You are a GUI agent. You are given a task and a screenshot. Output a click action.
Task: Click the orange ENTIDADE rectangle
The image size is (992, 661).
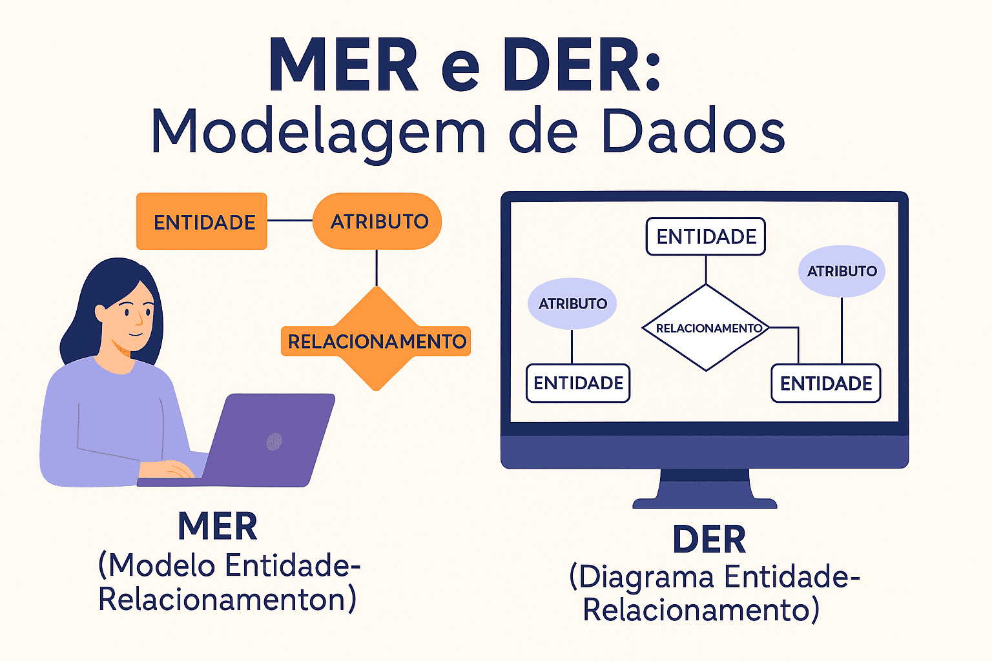coord(201,221)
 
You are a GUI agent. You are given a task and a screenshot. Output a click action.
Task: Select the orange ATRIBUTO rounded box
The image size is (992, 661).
coord(378,221)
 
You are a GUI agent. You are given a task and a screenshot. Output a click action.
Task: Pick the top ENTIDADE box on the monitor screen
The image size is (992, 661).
coord(706,237)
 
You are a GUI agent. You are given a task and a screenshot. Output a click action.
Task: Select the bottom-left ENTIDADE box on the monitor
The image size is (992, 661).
coord(578,383)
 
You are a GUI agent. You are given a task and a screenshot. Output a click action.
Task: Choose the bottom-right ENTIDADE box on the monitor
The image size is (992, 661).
coord(826,383)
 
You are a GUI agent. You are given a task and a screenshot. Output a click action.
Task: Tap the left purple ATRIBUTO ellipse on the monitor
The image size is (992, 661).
coord(572,303)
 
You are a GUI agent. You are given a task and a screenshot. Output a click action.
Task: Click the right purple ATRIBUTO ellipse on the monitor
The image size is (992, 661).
coord(842,271)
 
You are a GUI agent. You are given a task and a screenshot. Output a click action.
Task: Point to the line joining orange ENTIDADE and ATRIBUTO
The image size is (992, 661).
coord(290,221)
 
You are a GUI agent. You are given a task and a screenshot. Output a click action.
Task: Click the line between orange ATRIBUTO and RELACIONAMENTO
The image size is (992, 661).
coord(377,268)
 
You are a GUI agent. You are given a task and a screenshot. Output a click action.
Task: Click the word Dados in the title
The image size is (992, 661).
coord(692,132)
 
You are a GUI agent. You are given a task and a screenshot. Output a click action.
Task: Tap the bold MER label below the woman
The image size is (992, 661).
coord(218,526)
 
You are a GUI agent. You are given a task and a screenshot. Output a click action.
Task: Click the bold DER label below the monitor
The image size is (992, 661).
coord(709,540)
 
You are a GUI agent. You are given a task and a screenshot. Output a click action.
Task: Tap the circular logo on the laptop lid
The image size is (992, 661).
coord(274,442)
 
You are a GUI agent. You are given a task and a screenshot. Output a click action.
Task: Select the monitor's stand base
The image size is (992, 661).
coord(705,503)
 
